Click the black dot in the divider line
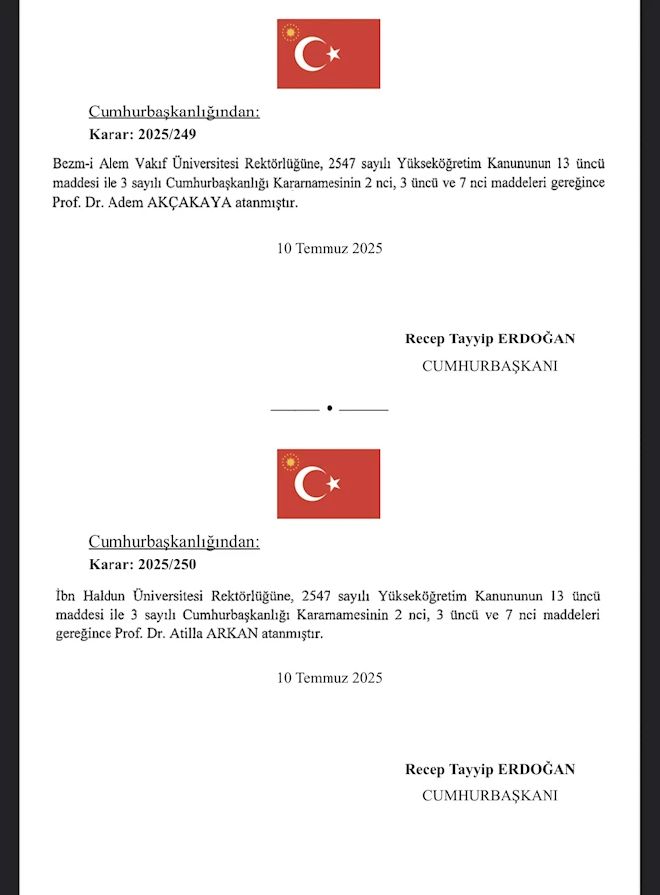tap(330, 408)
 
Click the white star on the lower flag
tap(333, 484)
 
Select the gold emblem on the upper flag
tap(291, 33)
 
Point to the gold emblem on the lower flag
tap(291, 463)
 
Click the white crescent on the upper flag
tap(309, 54)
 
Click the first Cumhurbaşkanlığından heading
tap(173, 112)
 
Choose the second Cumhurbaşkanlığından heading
tap(173, 542)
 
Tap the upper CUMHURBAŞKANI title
tap(490, 366)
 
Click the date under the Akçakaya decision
tap(330, 248)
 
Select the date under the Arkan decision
tap(330, 678)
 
